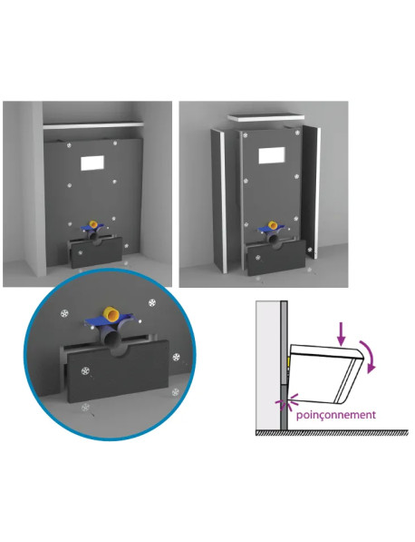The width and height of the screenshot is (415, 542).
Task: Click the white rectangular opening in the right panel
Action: click(272, 155)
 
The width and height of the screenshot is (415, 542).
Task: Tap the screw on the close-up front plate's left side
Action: click(84, 370)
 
